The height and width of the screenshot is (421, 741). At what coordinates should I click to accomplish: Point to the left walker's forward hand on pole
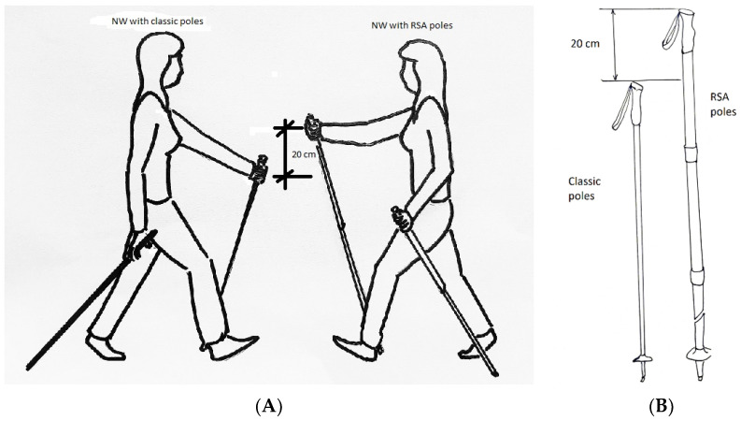pyautogui.click(x=255, y=170)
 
